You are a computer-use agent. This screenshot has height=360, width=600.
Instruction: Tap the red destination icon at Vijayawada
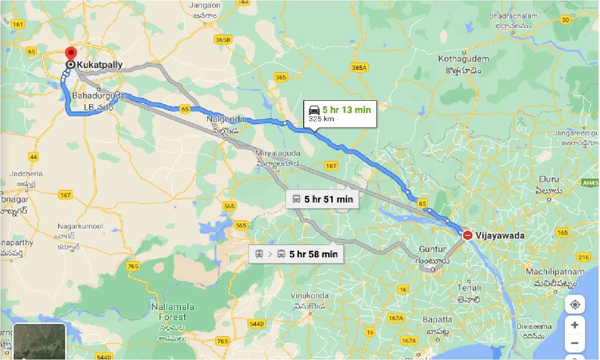pyautogui.click(x=467, y=235)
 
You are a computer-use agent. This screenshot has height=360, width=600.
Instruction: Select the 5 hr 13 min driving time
pyautogui.click(x=346, y=110)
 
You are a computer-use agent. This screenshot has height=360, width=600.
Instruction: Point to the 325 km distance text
pyautogui.click(x=321, y=119)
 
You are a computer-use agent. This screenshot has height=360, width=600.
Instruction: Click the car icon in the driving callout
pyautogui.click(x=314, y=110)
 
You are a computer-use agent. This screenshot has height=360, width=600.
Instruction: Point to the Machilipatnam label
pyautogui.click(x=555, y=272)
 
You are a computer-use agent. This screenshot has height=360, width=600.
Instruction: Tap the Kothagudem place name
pyautogui.click(x=463, y=59)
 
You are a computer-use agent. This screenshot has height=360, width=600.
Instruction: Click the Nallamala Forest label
pyautogui.click(x=172, y=307)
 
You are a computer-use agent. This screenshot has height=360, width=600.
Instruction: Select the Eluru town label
pyautogui.click(x=548, y=180)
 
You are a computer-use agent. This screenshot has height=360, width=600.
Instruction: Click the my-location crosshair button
pyautogui.click(x=575, y=305)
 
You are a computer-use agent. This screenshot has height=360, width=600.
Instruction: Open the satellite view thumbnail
pyautogui.click(x=39, y=341)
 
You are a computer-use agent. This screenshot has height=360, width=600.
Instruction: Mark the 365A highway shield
pyautogui.click(x=359, y=67)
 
